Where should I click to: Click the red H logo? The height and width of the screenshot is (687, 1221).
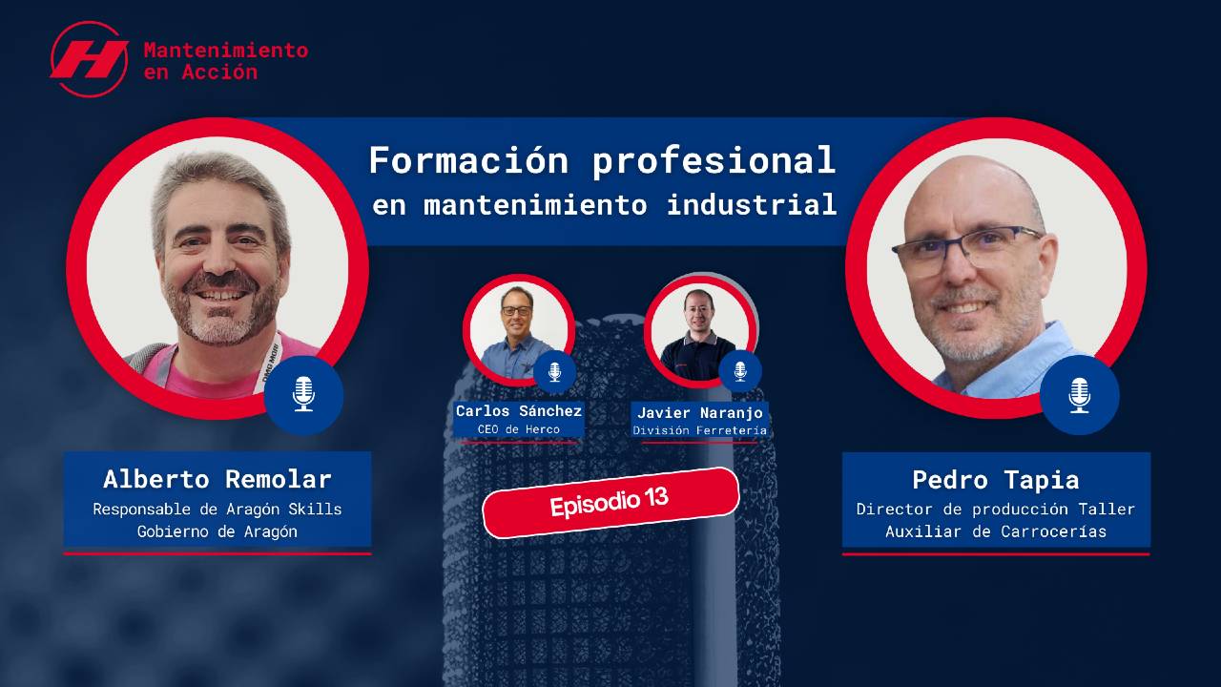point(90,59)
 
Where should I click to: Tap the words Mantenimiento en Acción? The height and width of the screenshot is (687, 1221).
point(226,61)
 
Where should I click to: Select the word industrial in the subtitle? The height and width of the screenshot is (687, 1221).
point(752,204)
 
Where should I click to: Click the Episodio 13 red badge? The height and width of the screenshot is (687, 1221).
point(610,503)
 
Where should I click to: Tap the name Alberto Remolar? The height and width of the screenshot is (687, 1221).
point(217,479)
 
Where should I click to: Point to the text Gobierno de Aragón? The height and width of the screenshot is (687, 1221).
point(217,531)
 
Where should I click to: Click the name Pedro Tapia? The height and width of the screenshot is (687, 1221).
point(996,480)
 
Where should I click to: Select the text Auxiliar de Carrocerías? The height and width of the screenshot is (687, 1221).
point(996,531)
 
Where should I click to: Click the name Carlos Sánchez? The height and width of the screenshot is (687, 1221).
point(518,410)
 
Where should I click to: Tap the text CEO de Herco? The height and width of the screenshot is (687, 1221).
point(518,429)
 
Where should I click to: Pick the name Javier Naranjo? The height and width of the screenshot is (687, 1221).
point(700,413)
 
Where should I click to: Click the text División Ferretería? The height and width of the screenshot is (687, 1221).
point(700,430)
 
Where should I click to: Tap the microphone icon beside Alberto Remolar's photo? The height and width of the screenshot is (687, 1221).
point(303,394)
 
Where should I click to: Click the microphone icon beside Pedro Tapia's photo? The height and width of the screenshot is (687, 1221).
point(1079,395)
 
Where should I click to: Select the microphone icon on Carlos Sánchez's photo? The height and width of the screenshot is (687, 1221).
point(554,372)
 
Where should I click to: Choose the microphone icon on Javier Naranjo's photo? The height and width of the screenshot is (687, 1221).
point(739,371)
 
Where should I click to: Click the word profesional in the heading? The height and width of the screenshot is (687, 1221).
point(714,162)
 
